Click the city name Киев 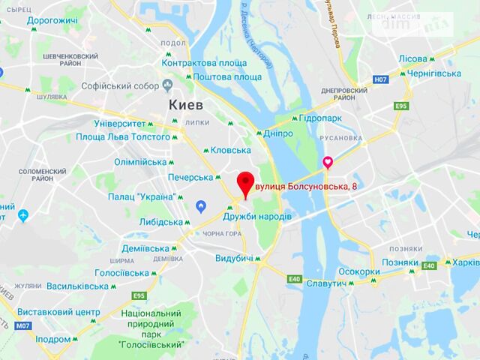coord(187,103)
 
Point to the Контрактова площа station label coord(203,63)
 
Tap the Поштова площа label coord(227,77)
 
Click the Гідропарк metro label coord(320,118)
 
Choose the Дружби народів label coord(258,217)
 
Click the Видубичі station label coord(235,258)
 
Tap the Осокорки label coord(358,271)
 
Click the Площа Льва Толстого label coord(123,137)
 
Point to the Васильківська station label coord(78,286)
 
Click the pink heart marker coord(328,162)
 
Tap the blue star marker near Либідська coord(200,206)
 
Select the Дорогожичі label coord(52,20)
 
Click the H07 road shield coord(381,79)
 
